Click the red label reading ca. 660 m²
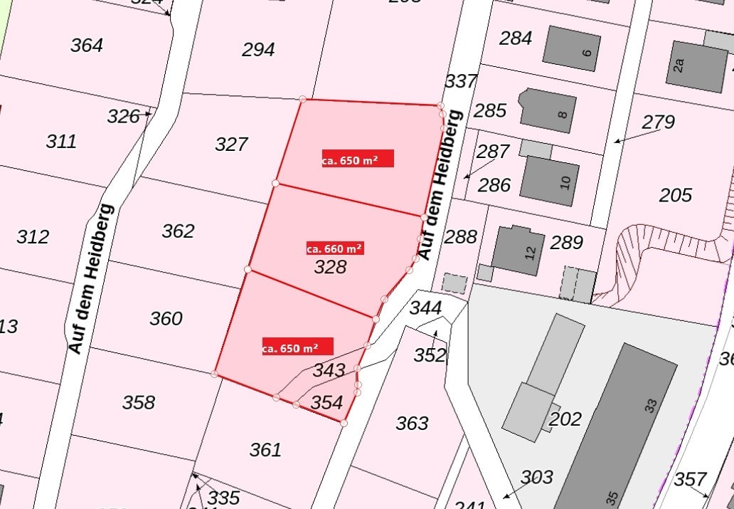pyautogui.click(x=334, y=248)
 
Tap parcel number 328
pyautogui.click(x=331, y=267)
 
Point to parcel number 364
pyautogui.click(x=87, y=46)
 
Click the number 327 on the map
pyautogui.click(x=231, y=145)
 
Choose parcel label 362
pyautogui.click(x=178, y=231)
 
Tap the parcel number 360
pyautogui.click(x=166, y=318)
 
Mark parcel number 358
pyautogui.click(x=138, y=403)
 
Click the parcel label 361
pyautogui.click(x=265, y=450)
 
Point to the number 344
pyautogui.click(x=425, y=308)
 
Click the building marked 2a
pyautogui.click(x=696, y=65)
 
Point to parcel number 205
pyautogui.click(x=675, y=194)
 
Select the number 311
pyautogui.click(x=61, y=141)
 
